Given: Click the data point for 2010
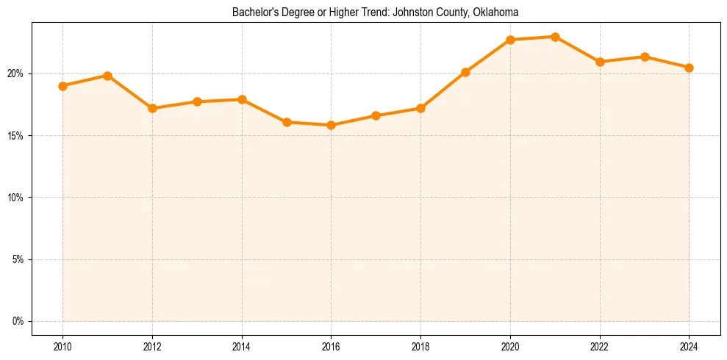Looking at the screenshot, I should point(62,86).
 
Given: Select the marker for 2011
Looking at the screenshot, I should point(107,76).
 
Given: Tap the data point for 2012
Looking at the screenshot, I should point(152,108).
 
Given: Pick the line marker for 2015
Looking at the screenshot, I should point(287,122).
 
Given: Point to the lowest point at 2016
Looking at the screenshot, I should point(331,125).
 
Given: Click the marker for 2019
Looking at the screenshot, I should point(465,72).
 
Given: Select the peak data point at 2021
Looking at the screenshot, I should point(555,37).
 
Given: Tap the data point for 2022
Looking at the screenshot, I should point(600,62).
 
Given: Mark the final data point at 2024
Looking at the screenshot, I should point(689,68).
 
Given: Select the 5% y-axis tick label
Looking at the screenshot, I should point(18,259).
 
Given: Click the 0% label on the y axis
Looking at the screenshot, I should point(18,321).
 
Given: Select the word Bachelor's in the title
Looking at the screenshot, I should point(254,12).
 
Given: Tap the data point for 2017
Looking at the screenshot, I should point(376,115).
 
